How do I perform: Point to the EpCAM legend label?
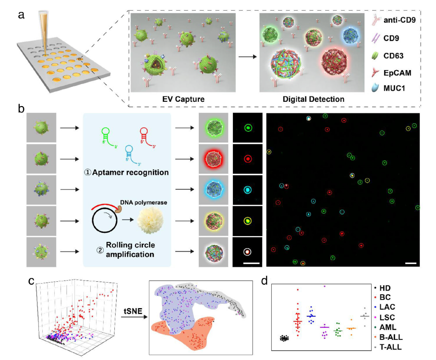tap(401, 73)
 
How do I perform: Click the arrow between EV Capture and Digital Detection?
tap(246, 57)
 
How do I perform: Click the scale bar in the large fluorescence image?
tap(411, 264)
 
